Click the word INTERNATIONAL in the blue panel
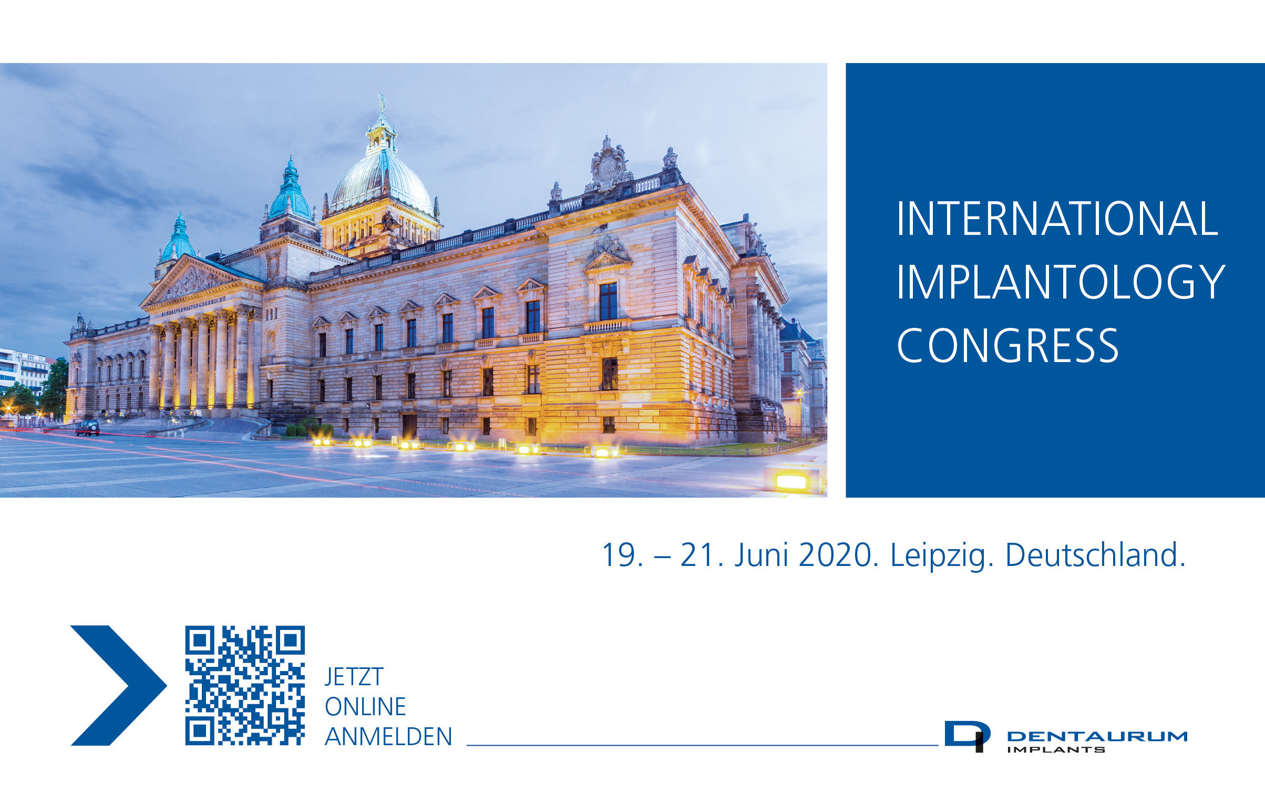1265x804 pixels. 1057,218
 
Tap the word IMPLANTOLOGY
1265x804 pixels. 1061,282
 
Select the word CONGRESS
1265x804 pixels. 1007,346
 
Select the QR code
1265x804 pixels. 245,685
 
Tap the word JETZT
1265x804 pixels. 354,677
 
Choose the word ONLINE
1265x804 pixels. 365,707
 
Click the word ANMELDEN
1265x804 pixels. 388,737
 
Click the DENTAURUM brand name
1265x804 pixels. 1097,736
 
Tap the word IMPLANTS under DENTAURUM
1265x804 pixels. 1056,750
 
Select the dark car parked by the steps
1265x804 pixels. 87,428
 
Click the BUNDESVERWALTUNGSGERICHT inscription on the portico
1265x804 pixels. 193,306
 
